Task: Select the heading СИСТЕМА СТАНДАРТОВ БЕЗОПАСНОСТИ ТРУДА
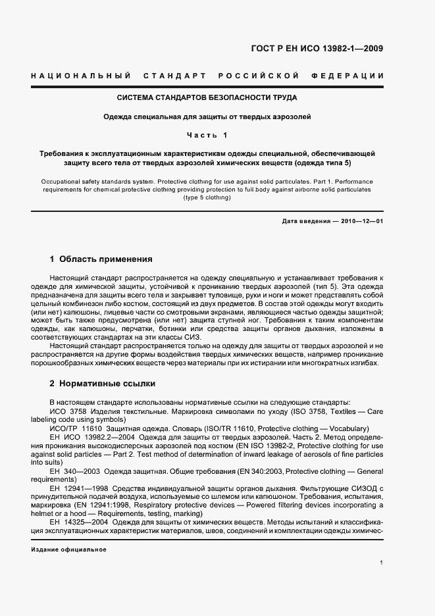click(207, 98)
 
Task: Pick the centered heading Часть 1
click(207, 136)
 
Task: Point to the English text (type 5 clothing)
click(207, 197)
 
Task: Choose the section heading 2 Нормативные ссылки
click(102, 383)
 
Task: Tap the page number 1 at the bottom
click(382, 563)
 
